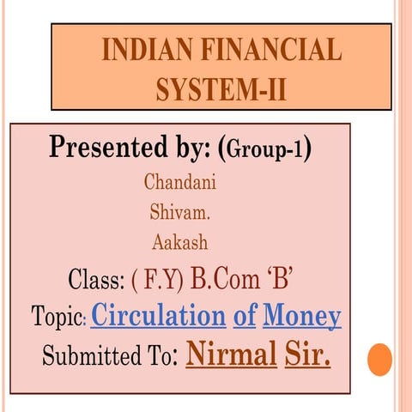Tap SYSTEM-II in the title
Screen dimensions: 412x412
tap(221, 89)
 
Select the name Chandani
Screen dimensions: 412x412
tap(180, 182)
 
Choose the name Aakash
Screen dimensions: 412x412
tap(180, 242)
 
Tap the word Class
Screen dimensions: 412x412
tap(95, 280)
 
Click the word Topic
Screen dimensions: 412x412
tap(58, 318)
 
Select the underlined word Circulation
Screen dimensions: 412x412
tap(158, 316)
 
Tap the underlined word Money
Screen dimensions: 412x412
tap(301, 316)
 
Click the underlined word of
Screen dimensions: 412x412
tap(245, 316)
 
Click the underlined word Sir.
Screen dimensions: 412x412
tap(307, 352)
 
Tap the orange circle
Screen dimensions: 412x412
tap(379, 358)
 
